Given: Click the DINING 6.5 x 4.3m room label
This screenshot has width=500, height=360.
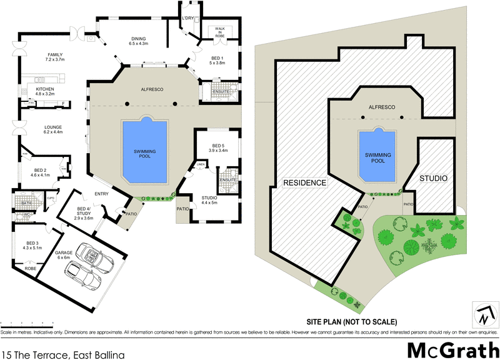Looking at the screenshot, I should pyautogui.click(x=137, y=41).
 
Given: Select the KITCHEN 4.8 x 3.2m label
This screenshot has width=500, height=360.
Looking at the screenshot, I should pyautogui.click(x=45, y=91).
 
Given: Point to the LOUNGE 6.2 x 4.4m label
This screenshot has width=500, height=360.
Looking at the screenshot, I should pyautogui.click(x=53, y=129).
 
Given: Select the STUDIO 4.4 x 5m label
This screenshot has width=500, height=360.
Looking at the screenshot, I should pyautogui.click(x=209, y=200).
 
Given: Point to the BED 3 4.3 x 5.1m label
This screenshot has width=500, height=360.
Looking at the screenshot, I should pyautogui.click(x=32, y=245).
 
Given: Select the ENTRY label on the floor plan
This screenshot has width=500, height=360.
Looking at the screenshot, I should pyautogui.click(x=102, y=194).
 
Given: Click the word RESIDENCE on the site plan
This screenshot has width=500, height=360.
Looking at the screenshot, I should pyautogui.click(x=306, y=183).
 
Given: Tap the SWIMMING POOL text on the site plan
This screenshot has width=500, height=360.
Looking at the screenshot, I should pyautogui.click(x=377, y=157).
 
